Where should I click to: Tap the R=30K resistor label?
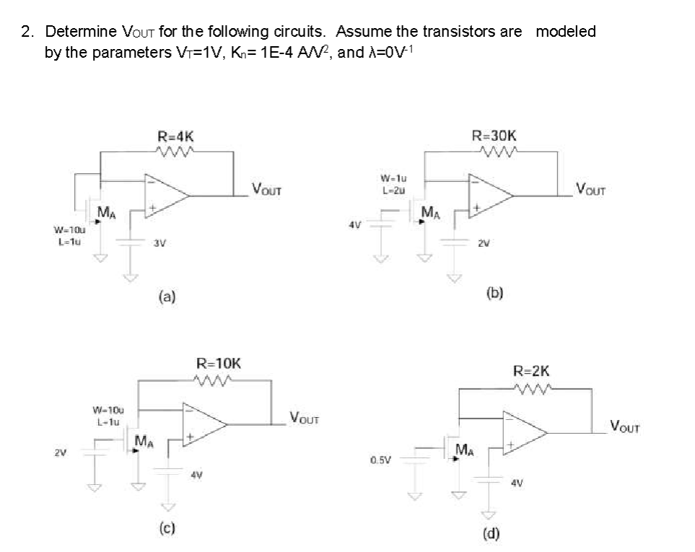point(494,135)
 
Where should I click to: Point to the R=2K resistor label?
point(531,372)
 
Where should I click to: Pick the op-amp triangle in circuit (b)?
point(490,195)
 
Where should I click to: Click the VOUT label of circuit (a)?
point(266,190)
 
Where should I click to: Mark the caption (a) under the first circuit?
point(166,296)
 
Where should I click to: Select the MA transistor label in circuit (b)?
point(430,212)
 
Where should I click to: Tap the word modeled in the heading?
point(567,32)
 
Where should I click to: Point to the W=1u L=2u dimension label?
point(390,184)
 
